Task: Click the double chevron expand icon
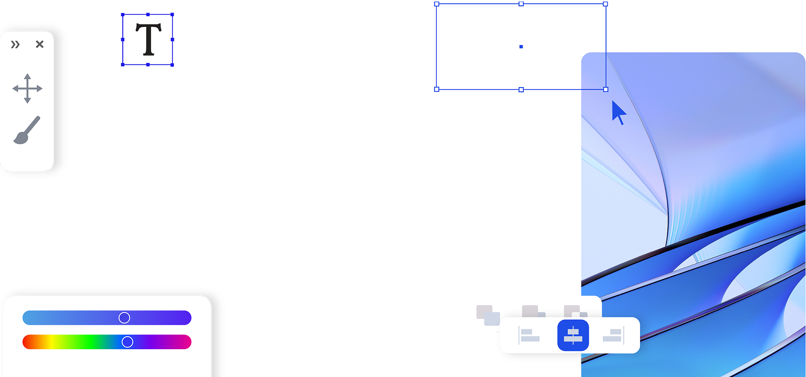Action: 15,45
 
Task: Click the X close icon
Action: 39,45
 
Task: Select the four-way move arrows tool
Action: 27,89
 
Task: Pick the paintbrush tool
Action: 27,130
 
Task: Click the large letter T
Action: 148,39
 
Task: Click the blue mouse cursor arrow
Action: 618,111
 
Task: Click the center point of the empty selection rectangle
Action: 521,47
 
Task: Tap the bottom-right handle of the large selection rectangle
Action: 606,90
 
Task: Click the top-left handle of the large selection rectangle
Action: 437,4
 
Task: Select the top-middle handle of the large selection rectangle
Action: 521,4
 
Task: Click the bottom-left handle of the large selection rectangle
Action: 437,90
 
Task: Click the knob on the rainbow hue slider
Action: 128,342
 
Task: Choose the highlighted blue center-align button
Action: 573,335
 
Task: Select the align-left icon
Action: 529,336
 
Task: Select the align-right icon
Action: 613,336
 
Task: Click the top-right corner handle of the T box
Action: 173,14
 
